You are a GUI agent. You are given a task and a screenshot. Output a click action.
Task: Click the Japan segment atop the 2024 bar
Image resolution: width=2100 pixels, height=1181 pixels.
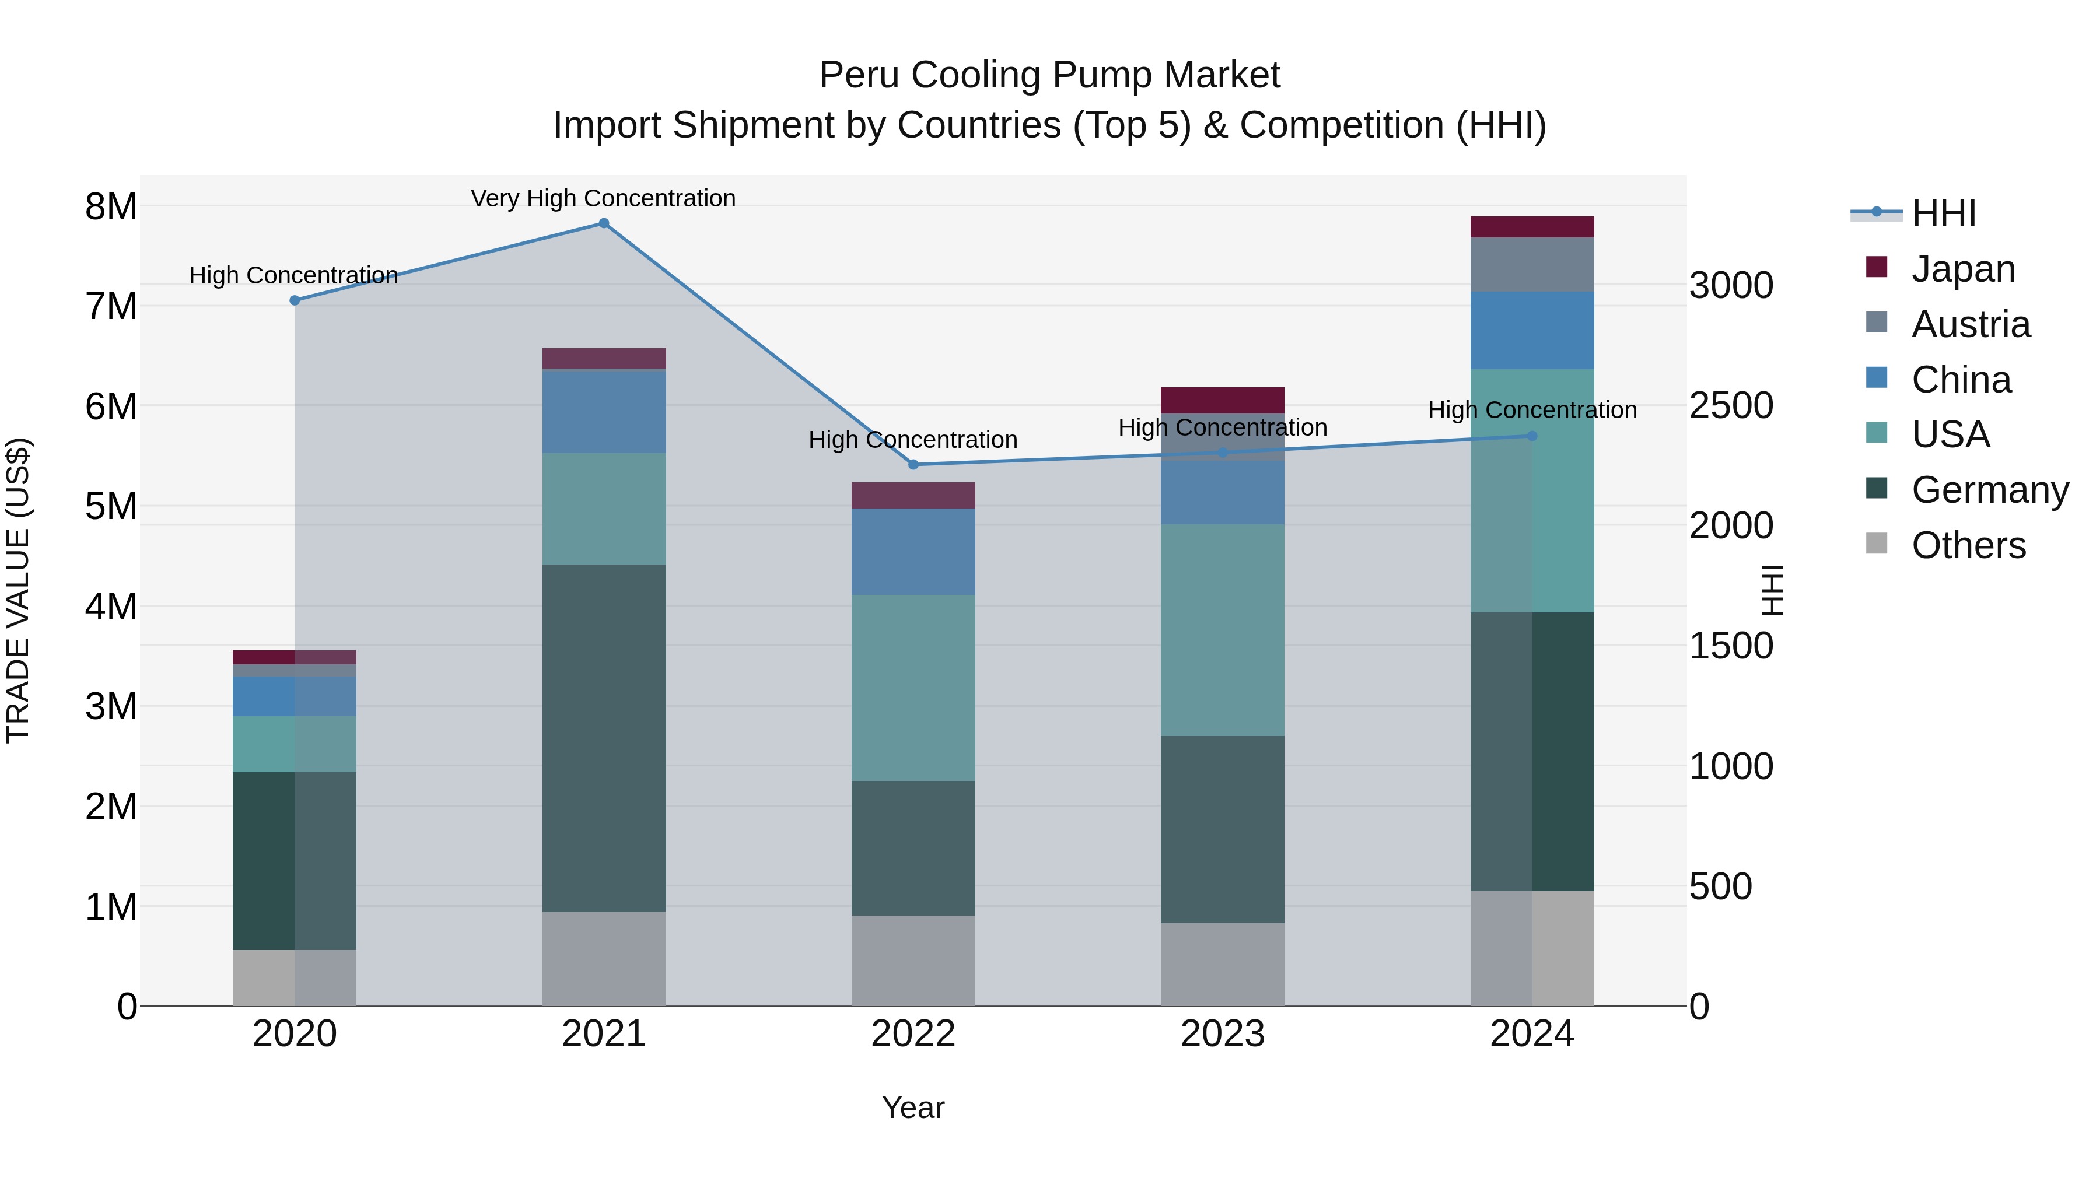point(1532,227)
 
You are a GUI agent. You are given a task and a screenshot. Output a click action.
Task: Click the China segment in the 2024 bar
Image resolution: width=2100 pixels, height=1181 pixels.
point(1532,330)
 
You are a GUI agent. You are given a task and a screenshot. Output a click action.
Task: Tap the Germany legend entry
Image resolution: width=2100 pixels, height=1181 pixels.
point(1989,490)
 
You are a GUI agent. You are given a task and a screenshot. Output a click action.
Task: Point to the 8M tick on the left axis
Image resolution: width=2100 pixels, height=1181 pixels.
point(111,206)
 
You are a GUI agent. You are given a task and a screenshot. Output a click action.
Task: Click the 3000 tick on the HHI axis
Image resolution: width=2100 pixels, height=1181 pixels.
point(1730,285)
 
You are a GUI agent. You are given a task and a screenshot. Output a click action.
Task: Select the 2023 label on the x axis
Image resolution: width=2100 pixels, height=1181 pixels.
point(1222,1033)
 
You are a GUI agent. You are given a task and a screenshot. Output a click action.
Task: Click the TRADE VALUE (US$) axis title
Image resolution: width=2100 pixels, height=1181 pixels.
point(18,590)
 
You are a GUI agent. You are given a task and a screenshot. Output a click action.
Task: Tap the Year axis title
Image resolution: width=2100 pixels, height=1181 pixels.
point(913,1108)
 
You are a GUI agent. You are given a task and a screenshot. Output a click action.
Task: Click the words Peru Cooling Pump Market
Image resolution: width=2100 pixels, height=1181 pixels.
point(1049,75)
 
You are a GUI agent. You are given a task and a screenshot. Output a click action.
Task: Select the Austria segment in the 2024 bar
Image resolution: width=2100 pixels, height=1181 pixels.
point(1532,264)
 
